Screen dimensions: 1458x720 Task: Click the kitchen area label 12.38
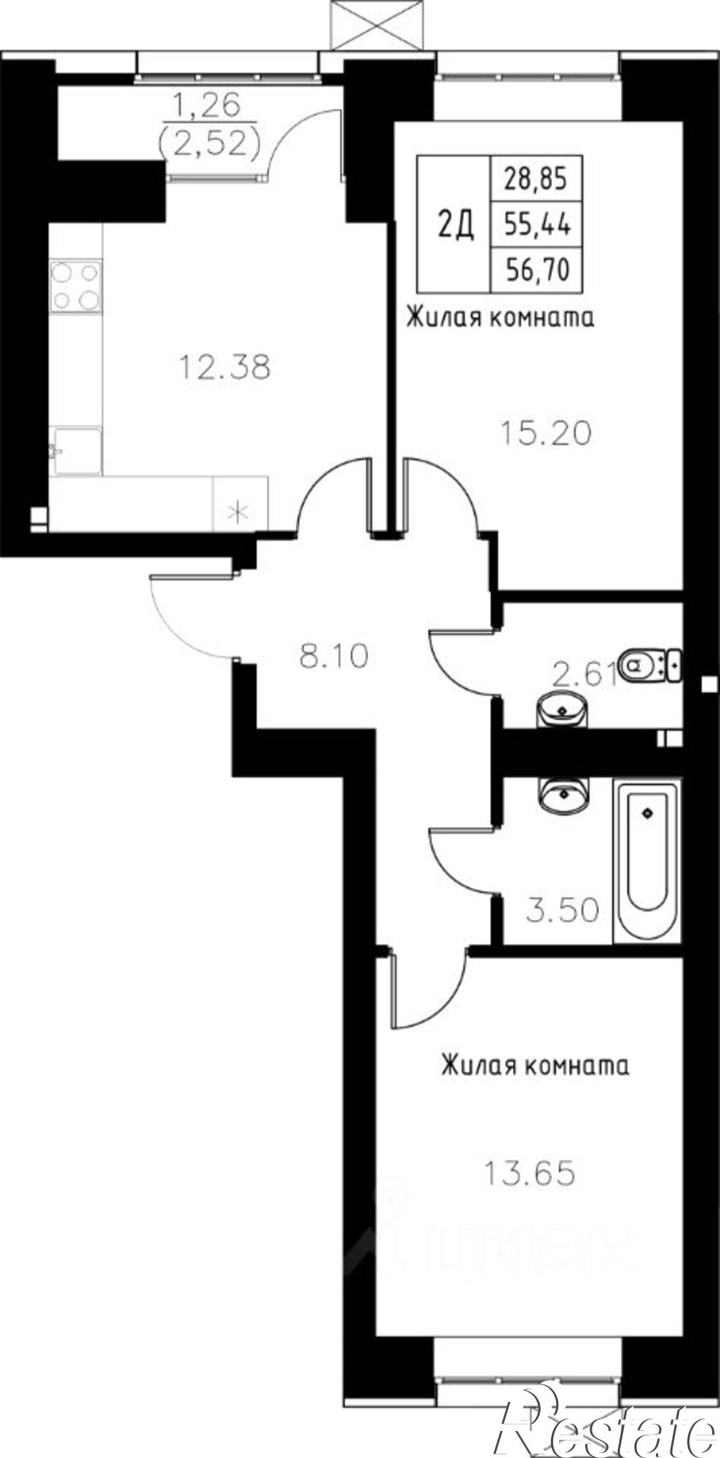[225, 366]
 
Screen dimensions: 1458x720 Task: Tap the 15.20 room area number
[546, 434]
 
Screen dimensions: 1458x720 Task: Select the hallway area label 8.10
[334, 656]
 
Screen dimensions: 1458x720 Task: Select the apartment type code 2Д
[456, 225]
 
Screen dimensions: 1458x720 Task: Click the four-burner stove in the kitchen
[75, 286]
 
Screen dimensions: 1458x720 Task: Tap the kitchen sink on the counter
[75, 451]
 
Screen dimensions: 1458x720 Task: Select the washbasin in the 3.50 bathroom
[563, 794]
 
